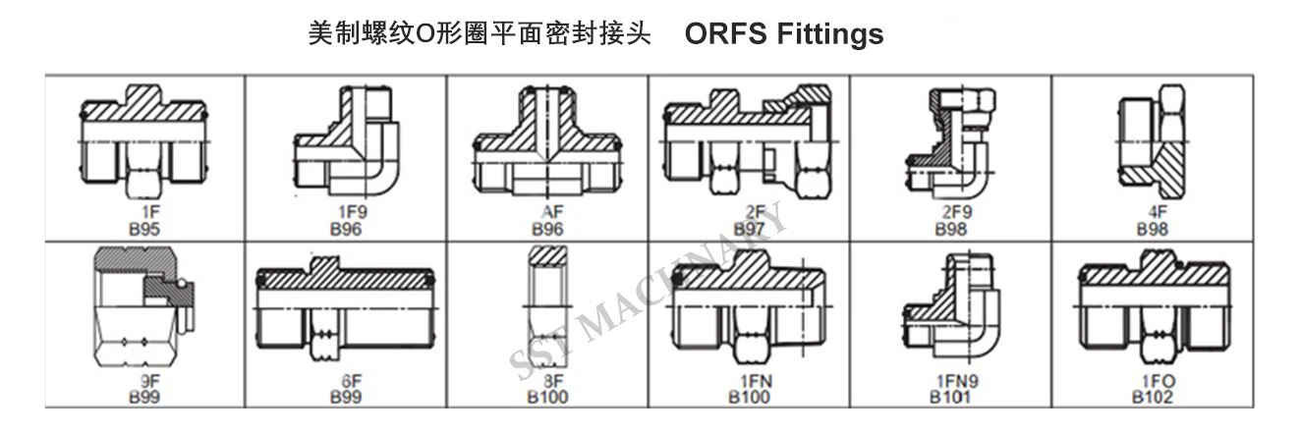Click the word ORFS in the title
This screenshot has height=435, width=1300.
(725, 33)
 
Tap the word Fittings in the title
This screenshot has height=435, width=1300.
(830, 34)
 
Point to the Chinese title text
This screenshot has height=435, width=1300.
(480, 33)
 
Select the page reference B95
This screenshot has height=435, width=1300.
(143, 229)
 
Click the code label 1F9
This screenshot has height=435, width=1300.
(353, 212)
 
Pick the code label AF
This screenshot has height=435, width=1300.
(551, 212)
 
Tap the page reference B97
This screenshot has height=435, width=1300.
(749, 229)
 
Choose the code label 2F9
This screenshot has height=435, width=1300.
(957, 212)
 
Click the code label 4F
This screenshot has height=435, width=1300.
(1158, 212)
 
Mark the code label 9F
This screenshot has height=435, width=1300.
(149, 381)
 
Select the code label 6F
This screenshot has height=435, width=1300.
(351, 381)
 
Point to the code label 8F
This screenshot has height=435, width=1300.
(553, 381)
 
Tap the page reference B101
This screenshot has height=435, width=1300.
(950, 398)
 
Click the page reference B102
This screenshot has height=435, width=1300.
(1152, 398)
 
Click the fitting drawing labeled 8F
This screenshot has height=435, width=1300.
(548, 307)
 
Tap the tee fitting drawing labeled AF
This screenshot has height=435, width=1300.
(546, 141)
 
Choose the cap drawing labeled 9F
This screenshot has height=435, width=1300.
(143, 306)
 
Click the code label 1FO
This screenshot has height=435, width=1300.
(1159, 381)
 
